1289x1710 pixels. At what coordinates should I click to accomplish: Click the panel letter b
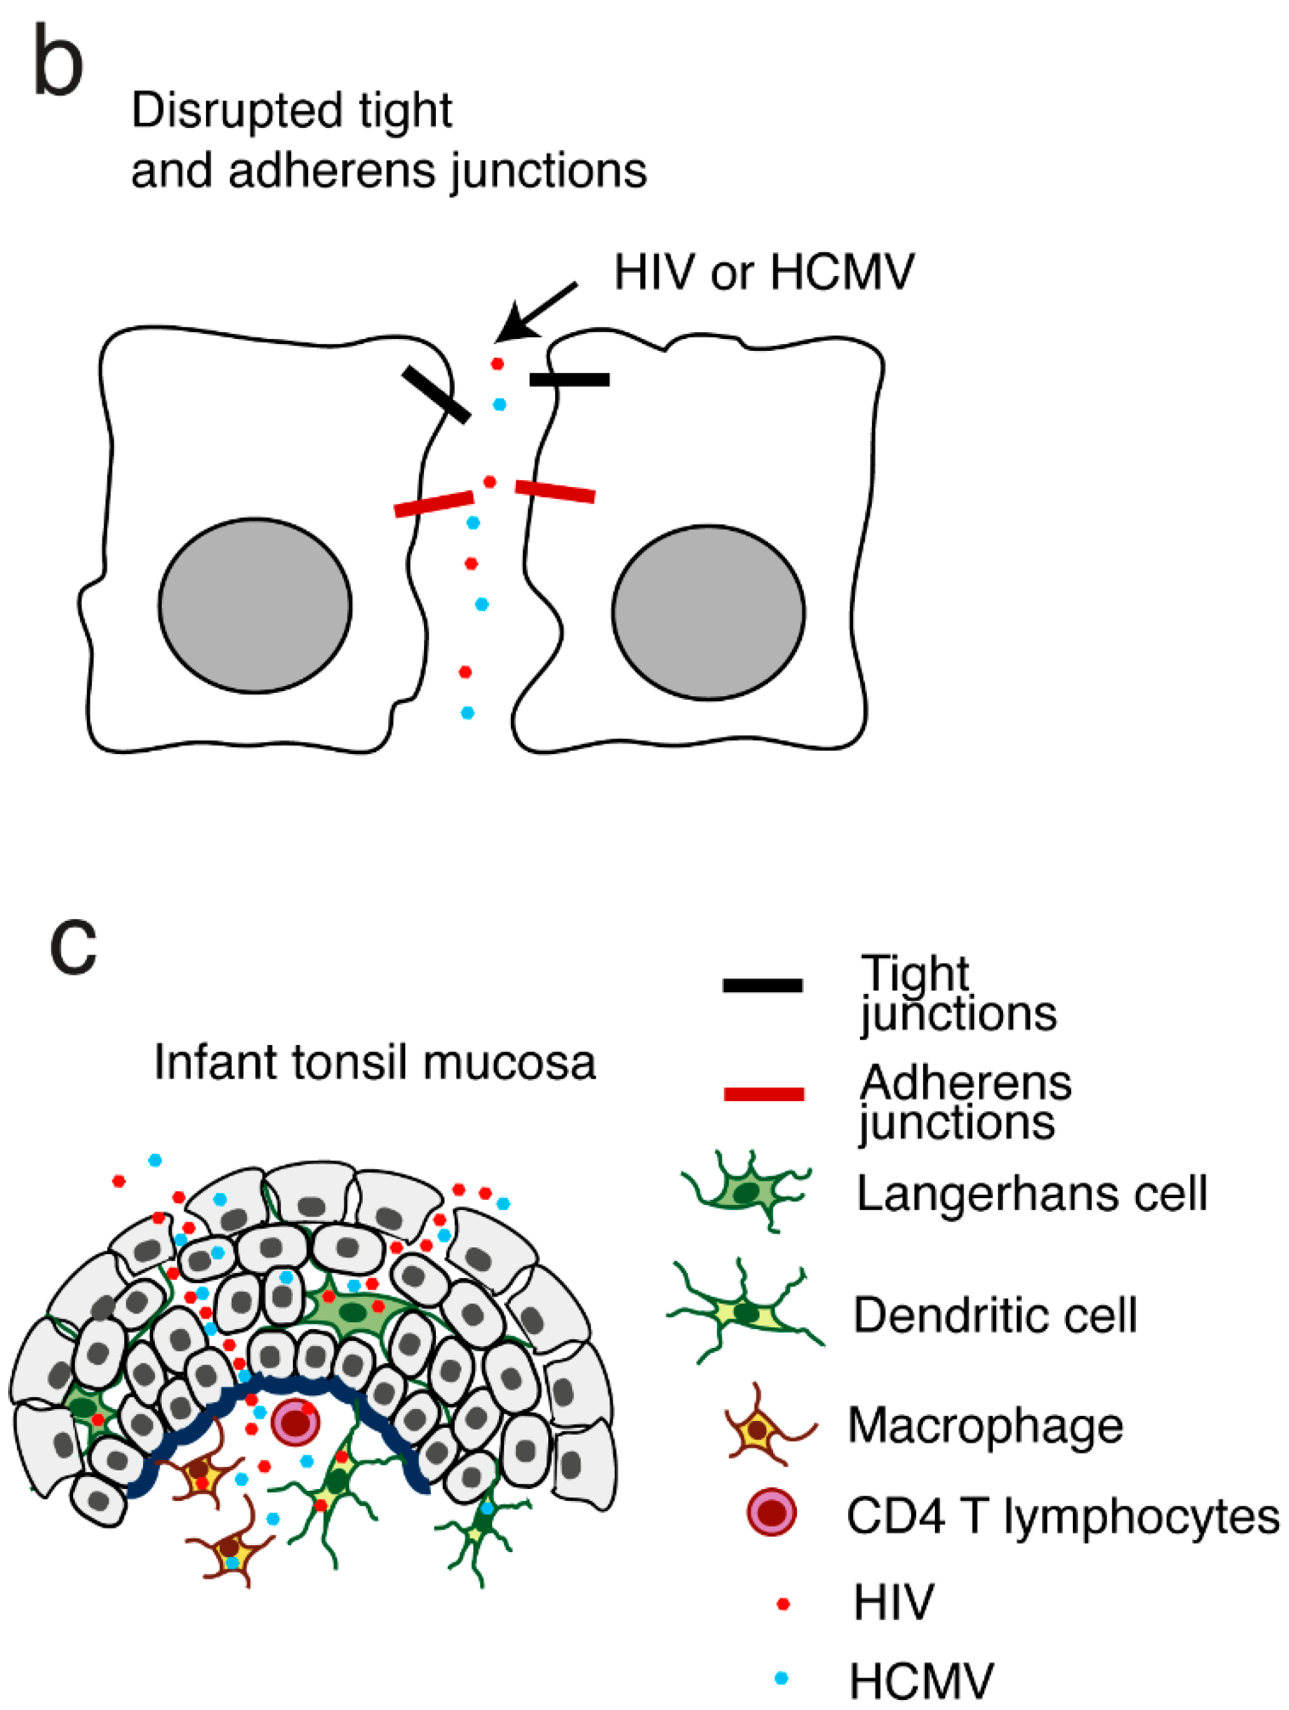[x=58, y=62]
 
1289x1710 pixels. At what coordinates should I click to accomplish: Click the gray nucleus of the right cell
[x=708, y=612]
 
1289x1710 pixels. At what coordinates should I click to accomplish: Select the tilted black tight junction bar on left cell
[x=435, y=395]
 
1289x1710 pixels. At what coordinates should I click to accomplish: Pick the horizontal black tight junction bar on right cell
[x=569, y=380]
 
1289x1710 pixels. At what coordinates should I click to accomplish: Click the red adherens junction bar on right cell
[x=555, y=491]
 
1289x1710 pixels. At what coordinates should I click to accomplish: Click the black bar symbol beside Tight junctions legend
[x=762, y=986]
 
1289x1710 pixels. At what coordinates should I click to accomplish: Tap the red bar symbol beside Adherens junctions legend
[x=763, y=1094]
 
